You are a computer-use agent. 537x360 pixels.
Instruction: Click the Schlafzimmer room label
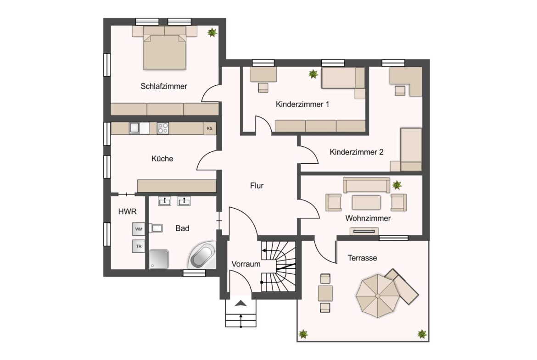pos(164,86)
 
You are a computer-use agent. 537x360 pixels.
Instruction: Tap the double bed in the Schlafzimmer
pos(165,51)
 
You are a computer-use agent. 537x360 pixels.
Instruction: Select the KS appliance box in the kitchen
pos(209,128)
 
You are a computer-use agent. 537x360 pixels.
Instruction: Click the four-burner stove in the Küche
pos(163,128)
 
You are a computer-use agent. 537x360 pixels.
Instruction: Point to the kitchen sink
pos(134,128)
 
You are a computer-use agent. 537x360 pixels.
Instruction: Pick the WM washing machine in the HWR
pos(139,228)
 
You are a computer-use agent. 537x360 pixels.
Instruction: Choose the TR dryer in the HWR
pos(139,246)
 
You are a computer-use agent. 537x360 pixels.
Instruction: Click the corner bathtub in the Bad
pos(202,256)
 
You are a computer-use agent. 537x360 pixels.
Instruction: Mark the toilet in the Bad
pos(157,228)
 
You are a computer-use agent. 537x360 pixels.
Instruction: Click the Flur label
pos(257,186)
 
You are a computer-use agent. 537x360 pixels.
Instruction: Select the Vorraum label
pos(246,264)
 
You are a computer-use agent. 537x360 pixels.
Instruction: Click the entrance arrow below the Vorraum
pos(241,303)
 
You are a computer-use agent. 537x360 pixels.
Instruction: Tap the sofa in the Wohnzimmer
pos(366,185)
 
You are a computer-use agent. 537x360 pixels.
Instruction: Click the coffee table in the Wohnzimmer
pos(366,202)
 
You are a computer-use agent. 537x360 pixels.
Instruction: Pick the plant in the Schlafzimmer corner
pos(212,33)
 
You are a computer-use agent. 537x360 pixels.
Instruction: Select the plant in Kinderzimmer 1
pos(313,73)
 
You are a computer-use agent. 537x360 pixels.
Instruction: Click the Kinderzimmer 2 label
pos(357,152)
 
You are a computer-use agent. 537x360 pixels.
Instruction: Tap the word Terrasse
pos(362,258)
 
